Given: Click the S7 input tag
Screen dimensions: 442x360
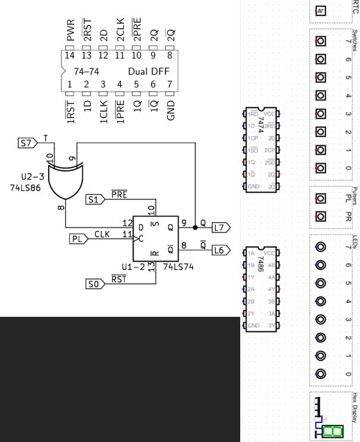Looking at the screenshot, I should [27, 143].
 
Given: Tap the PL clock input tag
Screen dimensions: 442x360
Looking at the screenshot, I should [77, 239].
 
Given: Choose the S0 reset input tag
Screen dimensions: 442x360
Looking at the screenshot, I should [93, 285].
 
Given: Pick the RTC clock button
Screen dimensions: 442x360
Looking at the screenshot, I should [321, 11].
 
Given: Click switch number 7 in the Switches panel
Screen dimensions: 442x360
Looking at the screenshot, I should [321, 42].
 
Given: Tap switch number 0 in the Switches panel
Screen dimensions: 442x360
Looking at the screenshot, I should [321, 167].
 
